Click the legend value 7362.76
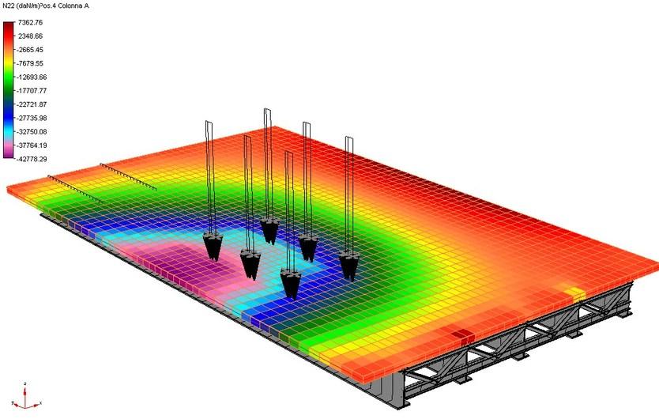point(30,22)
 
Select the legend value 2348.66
point(30,36)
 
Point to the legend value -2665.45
point(30,50)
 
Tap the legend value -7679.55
point(30,63)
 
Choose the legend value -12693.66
point(32,77)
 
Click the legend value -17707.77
point(32,91)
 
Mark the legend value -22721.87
point(32,104)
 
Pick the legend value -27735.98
point(32,119)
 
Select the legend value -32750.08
point(32,132)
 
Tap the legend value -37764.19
point(32,145)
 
